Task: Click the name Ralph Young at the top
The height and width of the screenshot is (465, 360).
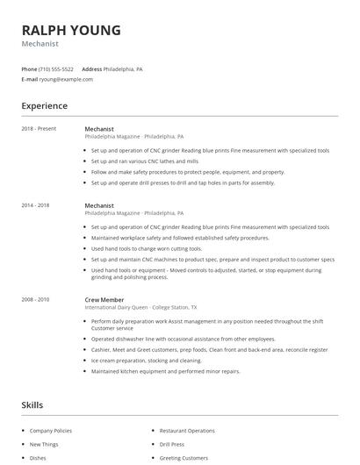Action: [x=72, y=29]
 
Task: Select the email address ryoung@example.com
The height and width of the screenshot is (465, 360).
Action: [x=66, y=79]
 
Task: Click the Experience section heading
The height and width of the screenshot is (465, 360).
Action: [x=45, y=106]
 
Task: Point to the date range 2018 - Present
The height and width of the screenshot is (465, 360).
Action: [x=39, y=129]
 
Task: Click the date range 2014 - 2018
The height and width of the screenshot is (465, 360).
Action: [x=35, y=205]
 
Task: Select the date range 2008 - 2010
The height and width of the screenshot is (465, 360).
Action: [x=35, y=300]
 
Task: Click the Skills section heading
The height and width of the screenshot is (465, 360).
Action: [x=32, y=405]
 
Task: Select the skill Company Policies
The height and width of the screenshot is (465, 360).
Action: [x=50, y=431]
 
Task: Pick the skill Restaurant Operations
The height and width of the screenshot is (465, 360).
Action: [x=188, y=431]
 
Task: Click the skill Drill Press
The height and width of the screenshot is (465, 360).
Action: [x=172, y=444]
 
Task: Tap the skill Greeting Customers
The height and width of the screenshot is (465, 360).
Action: [x=184, y=458]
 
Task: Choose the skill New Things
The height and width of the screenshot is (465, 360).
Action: [x=44, y=444]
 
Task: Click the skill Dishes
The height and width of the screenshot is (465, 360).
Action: [x=38, y=458]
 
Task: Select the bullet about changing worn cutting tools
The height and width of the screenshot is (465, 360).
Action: [x=140, y=248]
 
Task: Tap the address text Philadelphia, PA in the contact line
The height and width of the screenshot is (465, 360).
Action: [x=123, y=68]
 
